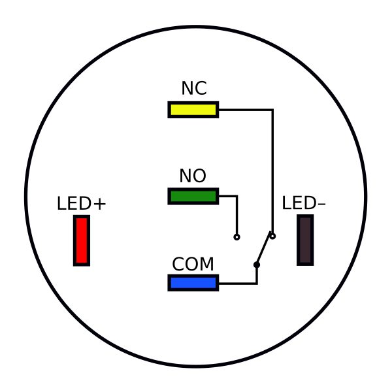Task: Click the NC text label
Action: point(194,89)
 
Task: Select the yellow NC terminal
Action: point(193,110)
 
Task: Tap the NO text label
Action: point(193,176)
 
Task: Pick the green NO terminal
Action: point(193,196)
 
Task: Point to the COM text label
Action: point(193,265)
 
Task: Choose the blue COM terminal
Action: point(193,283)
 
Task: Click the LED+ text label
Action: point(81,204)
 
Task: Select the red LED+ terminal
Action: point(81,240)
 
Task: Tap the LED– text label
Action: point(304,204)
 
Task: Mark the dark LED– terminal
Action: point(304,240)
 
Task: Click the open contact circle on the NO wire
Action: point(237,237)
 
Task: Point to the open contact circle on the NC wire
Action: point(272,236)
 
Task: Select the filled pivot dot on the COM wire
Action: point(257,265)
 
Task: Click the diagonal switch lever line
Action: point(264,251)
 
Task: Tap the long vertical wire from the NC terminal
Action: point(272,170)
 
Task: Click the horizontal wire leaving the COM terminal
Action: point(237,283)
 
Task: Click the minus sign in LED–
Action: point(321,204)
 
